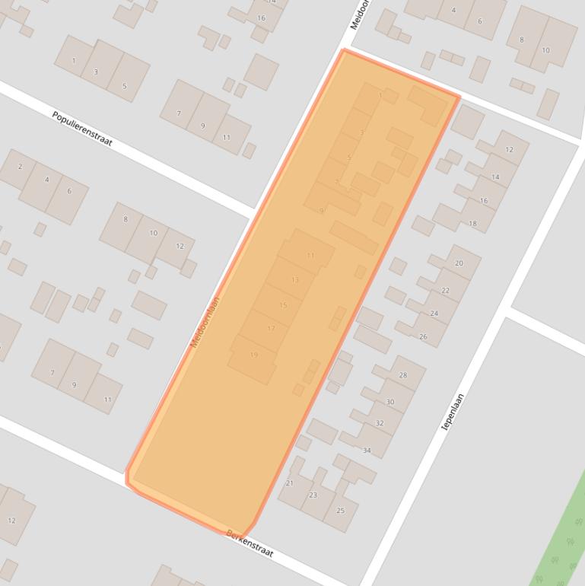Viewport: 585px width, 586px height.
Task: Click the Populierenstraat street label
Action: pyautogui.click(x=82, y=129)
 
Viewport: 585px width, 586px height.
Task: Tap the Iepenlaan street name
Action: pyautogui.click(x=453, y=412)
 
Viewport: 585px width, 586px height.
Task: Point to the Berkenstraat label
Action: pyautogui.click(x=249, y=543)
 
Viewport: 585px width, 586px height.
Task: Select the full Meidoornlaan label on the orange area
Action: pyautogui.click(x=205, y=322)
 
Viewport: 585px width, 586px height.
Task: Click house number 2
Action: pyautogui.click(x=20, y=167)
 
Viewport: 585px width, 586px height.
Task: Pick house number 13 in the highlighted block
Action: pyautogui.click(x=295, y=280)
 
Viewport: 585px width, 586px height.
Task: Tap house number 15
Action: pyautogui.click(x=283, y=305)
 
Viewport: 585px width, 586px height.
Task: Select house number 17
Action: pyautogui.click(x=271, y=329)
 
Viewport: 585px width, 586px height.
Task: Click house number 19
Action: pyautogui.click(x=254, y=355)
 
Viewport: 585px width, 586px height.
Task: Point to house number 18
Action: pyautogui.click(x=472, y=224)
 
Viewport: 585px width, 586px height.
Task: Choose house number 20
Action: pyautogui.click(x=459, y=263)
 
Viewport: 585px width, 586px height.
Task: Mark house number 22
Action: pyautogui.click(x=445, y=291)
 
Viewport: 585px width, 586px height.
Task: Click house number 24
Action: pyautogui.click(x=434, y=314)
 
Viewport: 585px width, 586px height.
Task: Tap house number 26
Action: pyautogui.click(x=423, y=336)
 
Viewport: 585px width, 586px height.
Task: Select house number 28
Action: pyautogui.click(x=402, y=375)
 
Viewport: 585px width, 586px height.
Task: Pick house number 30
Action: pyautogui.click(x=390, y=402)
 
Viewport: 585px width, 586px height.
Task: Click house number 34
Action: pyautogui.click(x=367, y=451)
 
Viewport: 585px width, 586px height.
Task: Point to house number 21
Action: pyautogui.click(x=289, y=483)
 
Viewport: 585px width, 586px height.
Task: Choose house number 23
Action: pyautogui.click(x=313, y=495)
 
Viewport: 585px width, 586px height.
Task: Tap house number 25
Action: pyautogui.click(x=340, y=510)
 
